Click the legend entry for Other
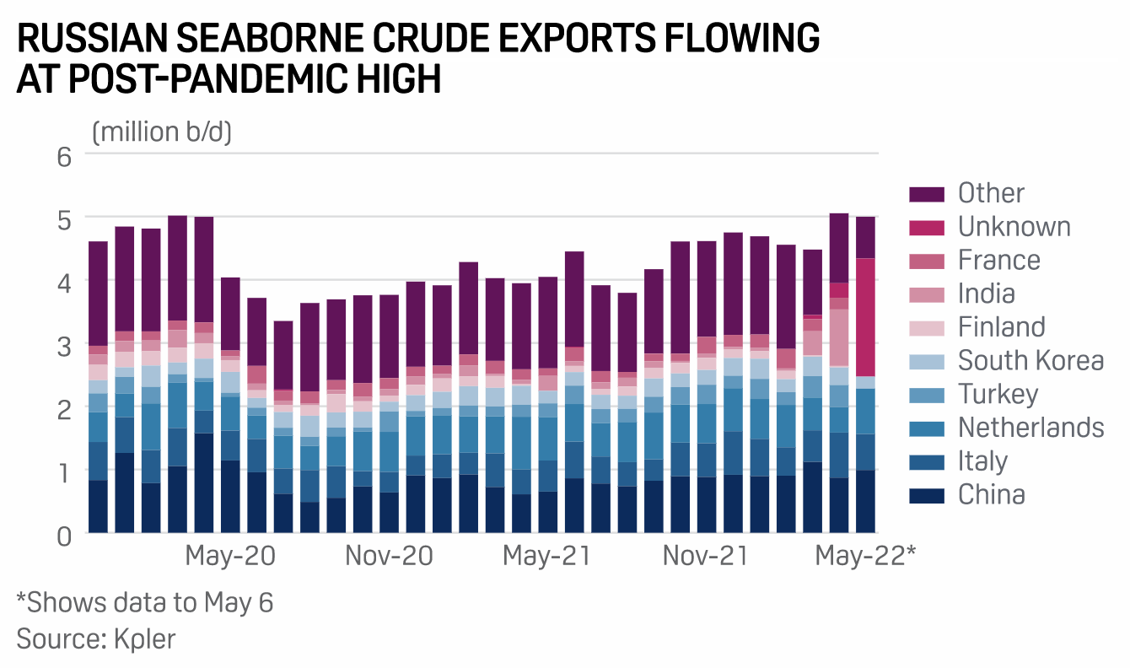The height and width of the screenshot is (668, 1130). click(991, 193)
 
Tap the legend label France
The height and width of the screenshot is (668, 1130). click(999, 260)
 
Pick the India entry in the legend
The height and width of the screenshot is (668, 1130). click(986, 294)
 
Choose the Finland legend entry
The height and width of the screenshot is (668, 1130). click(1001, 327)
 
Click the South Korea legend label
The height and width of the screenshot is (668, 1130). click(1030, 361)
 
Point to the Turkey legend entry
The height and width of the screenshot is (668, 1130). click(998, 394)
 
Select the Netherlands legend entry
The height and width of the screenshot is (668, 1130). click(1030, 428)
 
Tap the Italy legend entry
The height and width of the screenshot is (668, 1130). click(982, 461)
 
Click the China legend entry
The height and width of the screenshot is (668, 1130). click(991, 494)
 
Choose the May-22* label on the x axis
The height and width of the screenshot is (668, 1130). click(865, 558)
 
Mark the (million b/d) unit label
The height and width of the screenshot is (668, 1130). click(162, 132)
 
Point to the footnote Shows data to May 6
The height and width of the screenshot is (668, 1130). click(145, 603)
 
